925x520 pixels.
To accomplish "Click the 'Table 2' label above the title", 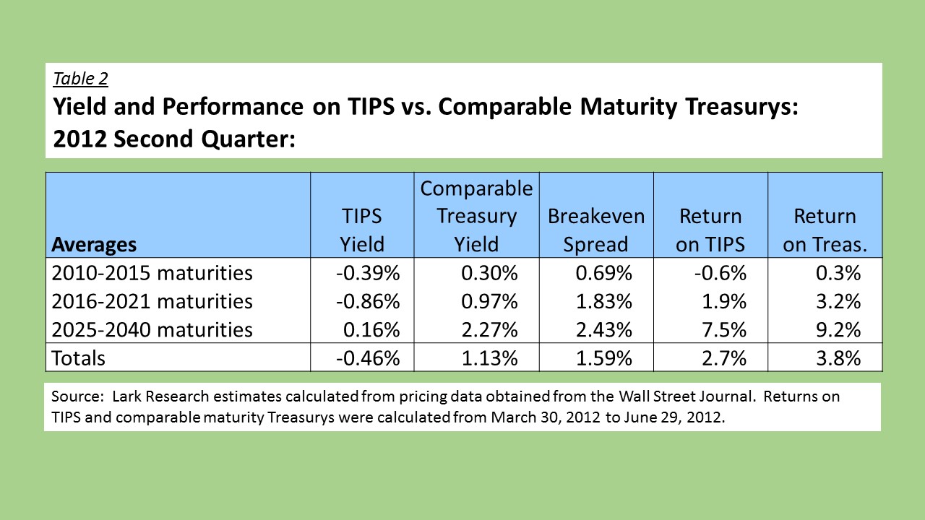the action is point(80,79).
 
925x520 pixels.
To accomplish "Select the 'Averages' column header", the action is point(94,245).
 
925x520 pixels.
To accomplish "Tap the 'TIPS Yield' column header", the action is point(362,230).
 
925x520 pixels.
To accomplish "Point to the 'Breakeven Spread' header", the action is point(596,230).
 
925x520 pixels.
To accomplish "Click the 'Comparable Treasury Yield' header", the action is point(476,216).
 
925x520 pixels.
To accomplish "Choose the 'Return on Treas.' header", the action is point(825,230).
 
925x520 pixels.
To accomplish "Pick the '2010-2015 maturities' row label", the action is point(152,273).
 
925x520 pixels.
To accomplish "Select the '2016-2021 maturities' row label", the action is point(152,302).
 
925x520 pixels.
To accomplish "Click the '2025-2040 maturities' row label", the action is point(152,330).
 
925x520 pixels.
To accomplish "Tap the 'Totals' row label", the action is point(78,358).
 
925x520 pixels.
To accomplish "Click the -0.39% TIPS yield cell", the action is point(368,273).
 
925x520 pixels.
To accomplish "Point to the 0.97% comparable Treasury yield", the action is point(489,302).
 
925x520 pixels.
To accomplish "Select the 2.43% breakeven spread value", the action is point(603,330).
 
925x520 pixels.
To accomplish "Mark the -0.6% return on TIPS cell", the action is point(720,273).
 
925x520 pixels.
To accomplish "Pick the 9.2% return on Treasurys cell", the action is point(838,330).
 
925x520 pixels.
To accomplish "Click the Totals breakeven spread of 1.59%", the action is point(603,358).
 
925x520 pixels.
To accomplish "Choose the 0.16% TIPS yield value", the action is point(371,330).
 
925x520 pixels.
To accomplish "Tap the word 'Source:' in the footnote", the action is point(77,396).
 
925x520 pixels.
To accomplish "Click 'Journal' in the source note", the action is point(727,396).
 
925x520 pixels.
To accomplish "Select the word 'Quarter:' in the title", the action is point(248,139).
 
